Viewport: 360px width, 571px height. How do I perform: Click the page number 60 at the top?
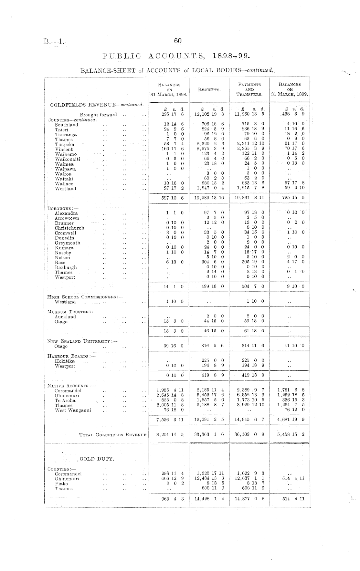pos(177,41)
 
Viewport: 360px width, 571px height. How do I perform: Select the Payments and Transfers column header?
pos(249,89)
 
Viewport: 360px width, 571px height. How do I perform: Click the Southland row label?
pos(66,125)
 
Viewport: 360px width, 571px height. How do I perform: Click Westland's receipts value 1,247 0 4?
pos(210,189)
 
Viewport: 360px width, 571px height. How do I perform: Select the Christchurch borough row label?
pos(69,228)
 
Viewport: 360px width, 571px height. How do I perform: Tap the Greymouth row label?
pos(67,243)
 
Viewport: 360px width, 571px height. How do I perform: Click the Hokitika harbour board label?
pos(65,361)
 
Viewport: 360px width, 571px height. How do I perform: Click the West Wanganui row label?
pos(73,410)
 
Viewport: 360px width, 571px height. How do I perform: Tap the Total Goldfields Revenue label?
pos(113,435)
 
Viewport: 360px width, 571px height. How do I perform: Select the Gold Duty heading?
pos(96,459)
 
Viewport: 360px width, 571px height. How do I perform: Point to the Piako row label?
pos(61,484)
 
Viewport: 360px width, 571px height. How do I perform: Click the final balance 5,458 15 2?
pos(291,434)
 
